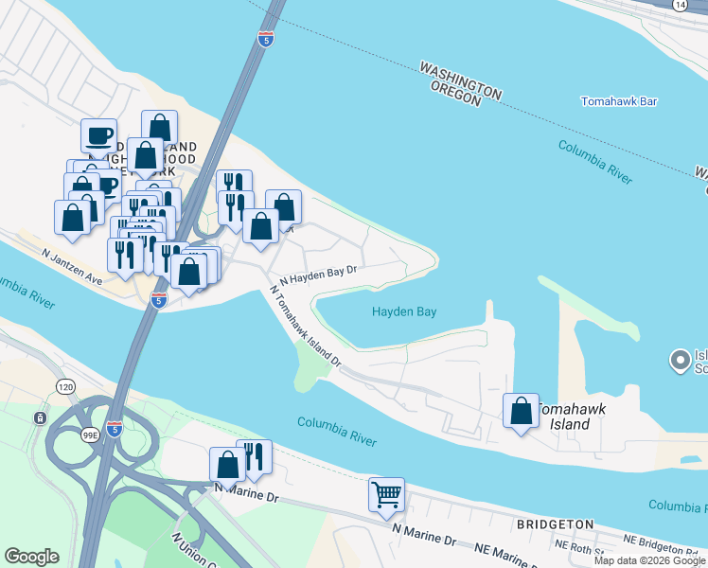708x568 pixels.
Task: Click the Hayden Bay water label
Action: pyautogui.click(x=404, y=311)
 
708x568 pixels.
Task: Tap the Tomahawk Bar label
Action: pyautogui.click(x=619, y=100)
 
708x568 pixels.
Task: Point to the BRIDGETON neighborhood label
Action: pyautogui.click(x=555, y=524)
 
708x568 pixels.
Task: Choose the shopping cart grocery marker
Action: pyautogui.click(x=386, y=495)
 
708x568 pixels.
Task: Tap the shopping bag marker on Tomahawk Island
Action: pyautogui.click(x=521, y=411)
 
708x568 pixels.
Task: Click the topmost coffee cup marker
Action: pyautogui.click(x=98, y=136)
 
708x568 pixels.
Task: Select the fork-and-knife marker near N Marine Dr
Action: pyautogui.click(x=254, y=455)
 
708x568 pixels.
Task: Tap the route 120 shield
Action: pyautogui.click(x=65, y=387)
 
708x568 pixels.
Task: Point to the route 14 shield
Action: pyautogui.click(x=680, y=6)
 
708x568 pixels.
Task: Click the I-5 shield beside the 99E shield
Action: pyautogui.click(x=114, y=427)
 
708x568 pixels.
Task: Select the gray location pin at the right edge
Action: pyautogui.click(x=679, y=360)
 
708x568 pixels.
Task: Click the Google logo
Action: pyautogui.click(x=31, y=557)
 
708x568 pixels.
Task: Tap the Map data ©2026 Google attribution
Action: pyautogui.click(x=649, y=560)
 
